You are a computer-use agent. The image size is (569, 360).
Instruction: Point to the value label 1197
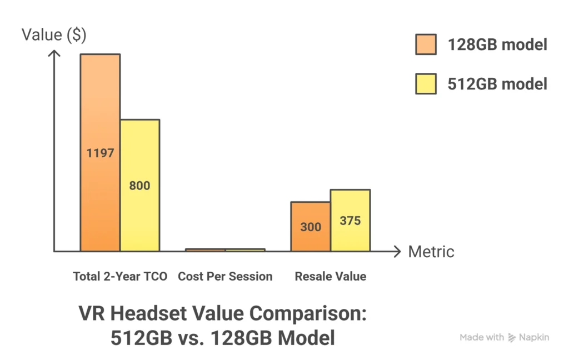100,153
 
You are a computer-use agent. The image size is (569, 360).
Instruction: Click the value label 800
139,186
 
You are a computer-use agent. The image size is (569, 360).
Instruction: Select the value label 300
311,227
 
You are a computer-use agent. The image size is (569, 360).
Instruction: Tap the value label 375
350,221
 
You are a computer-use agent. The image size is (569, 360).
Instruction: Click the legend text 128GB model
497,44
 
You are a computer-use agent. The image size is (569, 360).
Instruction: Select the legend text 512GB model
497,84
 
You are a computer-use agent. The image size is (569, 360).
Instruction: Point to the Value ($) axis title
54,34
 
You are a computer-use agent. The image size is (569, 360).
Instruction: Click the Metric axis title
431,252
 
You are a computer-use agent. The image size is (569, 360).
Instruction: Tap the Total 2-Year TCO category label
120,276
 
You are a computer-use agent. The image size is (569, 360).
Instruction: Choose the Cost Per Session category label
225,276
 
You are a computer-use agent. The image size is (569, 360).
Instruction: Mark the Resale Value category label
331,276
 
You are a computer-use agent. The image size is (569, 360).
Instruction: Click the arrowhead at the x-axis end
397,252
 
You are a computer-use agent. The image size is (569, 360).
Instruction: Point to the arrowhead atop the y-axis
54,54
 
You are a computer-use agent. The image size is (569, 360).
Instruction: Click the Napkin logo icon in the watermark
512,337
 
